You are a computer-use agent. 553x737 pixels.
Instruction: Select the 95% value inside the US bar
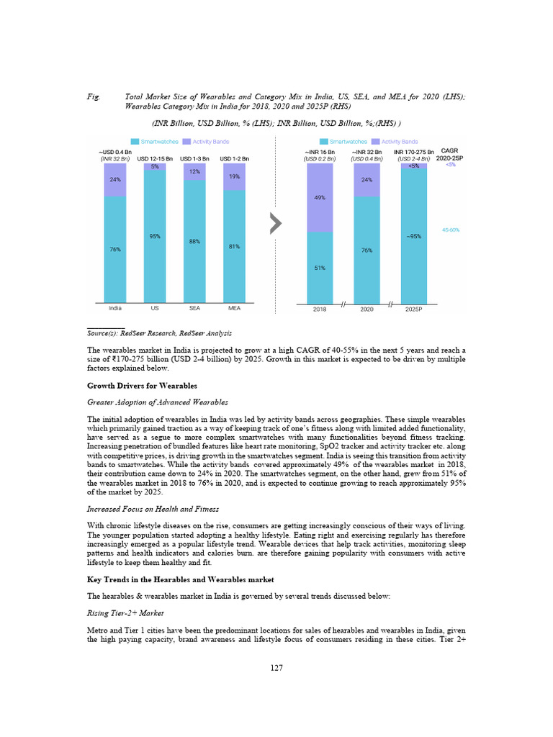(155, 236)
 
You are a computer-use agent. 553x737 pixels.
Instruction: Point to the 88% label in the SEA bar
(194, 241)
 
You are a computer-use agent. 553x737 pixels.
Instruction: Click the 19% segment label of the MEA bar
(235, 176)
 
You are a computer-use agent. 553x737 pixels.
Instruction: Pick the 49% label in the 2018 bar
(320, 197)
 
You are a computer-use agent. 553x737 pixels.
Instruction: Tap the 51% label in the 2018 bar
(320, 268)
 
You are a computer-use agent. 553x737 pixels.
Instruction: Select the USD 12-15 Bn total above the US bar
(155, 158)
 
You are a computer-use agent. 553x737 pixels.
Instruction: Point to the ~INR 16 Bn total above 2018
(320, 153)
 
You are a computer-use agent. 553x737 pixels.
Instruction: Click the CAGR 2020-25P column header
(451, 155)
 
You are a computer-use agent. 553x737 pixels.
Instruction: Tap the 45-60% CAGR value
(451, 230)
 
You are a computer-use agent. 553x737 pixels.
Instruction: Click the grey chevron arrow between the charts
(274, 224)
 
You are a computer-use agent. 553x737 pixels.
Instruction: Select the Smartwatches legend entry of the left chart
(154, 142)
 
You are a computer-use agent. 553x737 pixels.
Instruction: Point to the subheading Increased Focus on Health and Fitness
(143, 509)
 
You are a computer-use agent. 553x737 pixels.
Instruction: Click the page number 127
(276, 668)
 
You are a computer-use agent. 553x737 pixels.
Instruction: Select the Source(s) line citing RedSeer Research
(158, 333)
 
